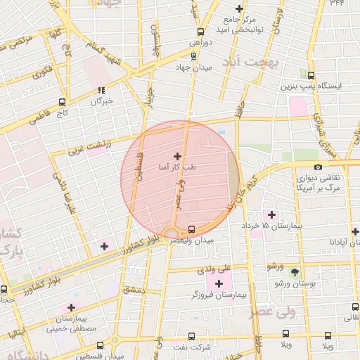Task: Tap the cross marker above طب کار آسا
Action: pos(176,156)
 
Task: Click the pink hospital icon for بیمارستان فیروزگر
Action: pos(219,283)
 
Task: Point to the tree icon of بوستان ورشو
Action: pos(294,272)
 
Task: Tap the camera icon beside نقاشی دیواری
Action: pos(319,167)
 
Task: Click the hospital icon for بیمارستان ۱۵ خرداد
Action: pos(270,214)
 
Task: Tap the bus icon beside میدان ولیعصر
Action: pos(192,229)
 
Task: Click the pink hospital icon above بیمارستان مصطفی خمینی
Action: pos(71,308)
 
